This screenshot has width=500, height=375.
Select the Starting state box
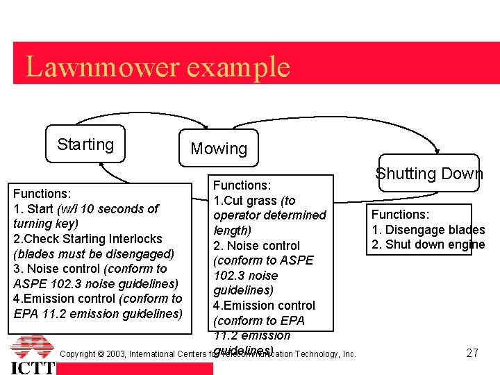click(x=85, y=144)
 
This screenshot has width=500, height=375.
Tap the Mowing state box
click(x=219, y=149)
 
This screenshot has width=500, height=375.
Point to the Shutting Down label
click(x=429, y=174)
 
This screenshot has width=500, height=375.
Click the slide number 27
click(x=472, y=353)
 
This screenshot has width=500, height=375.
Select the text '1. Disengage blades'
click(x=428, y=230)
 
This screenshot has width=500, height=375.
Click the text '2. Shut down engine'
click(x=428, y=244)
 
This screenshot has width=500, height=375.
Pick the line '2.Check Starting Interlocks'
click(x=87, y=239)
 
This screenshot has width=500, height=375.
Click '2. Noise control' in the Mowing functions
click(x=256, y=246)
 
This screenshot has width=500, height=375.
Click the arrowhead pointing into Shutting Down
click(x=436, y=149)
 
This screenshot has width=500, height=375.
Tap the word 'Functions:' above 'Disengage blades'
click(x=400, y=215)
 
